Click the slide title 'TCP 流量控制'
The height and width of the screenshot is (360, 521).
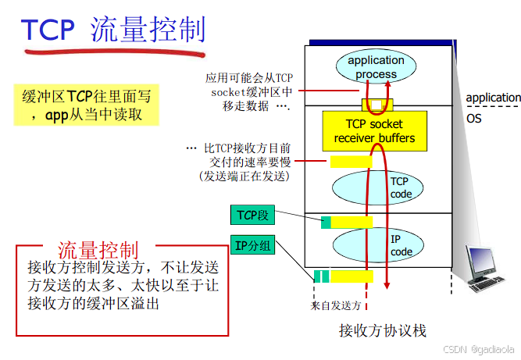coord(113,29)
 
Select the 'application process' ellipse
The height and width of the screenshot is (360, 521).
coord(376,67)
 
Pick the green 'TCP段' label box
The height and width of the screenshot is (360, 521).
coord(252,215)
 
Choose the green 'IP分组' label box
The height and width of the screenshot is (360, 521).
coord(252,246)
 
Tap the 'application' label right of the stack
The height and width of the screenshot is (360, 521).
coord(493,98)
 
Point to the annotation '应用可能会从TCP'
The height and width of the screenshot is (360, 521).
coord(249,78)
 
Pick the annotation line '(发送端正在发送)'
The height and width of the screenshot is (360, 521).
coord(244,176)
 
